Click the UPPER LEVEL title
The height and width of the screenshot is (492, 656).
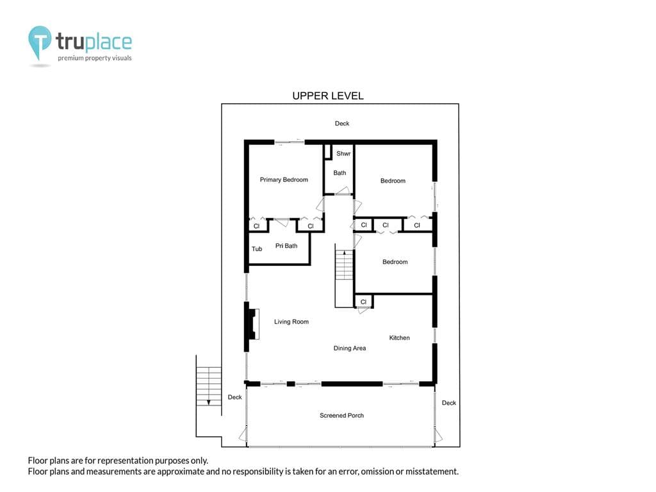click(x=328, y=96)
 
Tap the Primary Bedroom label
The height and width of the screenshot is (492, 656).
click(x=284, y=179)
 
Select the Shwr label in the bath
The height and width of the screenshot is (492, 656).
click(x=343, y=154)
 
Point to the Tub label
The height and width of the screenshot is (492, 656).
click(x=257, y=249)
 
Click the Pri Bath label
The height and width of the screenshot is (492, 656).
click(x=286, y=245)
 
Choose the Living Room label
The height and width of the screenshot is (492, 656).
click(x=291, y=322)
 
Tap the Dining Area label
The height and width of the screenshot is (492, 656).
click(x=350, y=348)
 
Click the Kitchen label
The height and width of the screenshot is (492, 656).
click(x=400, y=338)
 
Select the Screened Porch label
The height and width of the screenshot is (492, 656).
click(x=342, y=415)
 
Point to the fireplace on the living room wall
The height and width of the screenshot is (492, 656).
click(x=252, y=324)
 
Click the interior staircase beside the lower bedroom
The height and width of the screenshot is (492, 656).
click(x=344, y=277)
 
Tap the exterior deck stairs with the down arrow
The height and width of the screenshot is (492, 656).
click(x=209, y=386)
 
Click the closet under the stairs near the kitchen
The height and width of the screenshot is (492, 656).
click(x=363, y=302)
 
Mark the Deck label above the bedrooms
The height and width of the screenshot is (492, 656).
click(x=342, y=124)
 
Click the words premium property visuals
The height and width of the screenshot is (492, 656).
click(x=95, y=58)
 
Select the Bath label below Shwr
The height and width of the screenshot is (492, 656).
click(x=340, y=173)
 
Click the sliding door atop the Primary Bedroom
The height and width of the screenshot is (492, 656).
click(x=290, y=142)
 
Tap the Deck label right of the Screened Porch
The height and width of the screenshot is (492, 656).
click(x=449, y=403)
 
